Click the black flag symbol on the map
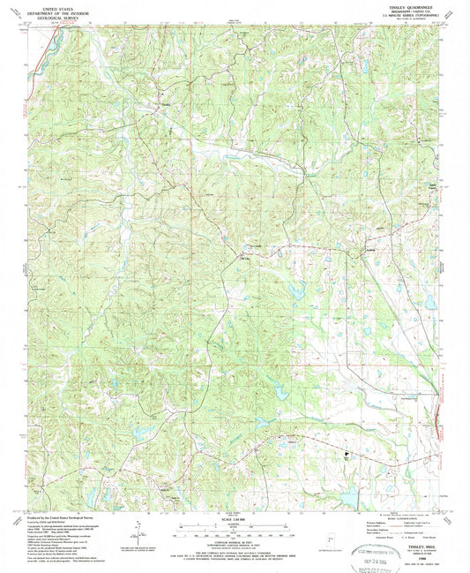[347, 456]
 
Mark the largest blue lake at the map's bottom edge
[350, 500]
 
